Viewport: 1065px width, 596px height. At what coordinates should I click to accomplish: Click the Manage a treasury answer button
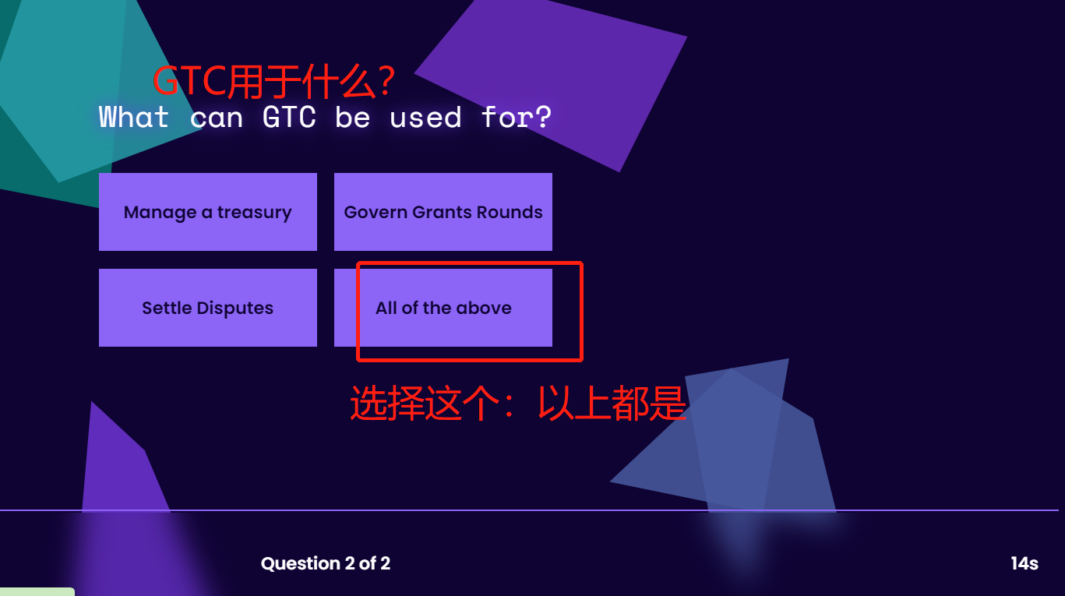tap(208, 212)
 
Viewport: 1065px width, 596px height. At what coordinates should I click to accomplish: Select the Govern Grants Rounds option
tap(443, 212)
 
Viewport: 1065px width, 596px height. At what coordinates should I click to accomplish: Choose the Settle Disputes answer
tap(208, 308)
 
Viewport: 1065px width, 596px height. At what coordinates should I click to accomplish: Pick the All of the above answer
tap(443, 308)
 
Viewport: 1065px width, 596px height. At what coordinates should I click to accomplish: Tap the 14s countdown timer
tap(1024, 563)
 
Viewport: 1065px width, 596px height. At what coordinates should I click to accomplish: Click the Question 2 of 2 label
tap(326, 563)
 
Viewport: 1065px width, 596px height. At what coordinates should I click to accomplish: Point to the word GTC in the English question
tap(289, 117)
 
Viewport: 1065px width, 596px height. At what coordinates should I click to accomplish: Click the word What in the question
tap(133, 117)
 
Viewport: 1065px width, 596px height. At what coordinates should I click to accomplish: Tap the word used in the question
tap(425, 117)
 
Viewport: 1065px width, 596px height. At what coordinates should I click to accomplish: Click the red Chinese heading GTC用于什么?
tap(273, 81)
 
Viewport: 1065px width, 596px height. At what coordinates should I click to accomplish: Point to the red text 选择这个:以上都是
tap(518, 403)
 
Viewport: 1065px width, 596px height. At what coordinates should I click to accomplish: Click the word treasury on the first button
tap(254, 213)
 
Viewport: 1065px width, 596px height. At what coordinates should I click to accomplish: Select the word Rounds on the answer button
tap(510, 212)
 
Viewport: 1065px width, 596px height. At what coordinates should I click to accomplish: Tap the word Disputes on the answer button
tap(235, 308)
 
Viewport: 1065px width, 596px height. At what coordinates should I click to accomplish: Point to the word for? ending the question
tap(517, 117)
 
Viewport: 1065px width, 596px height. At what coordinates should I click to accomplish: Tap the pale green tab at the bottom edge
tap(37, 592)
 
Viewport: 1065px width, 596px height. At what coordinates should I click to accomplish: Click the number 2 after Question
tap(350, 563)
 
